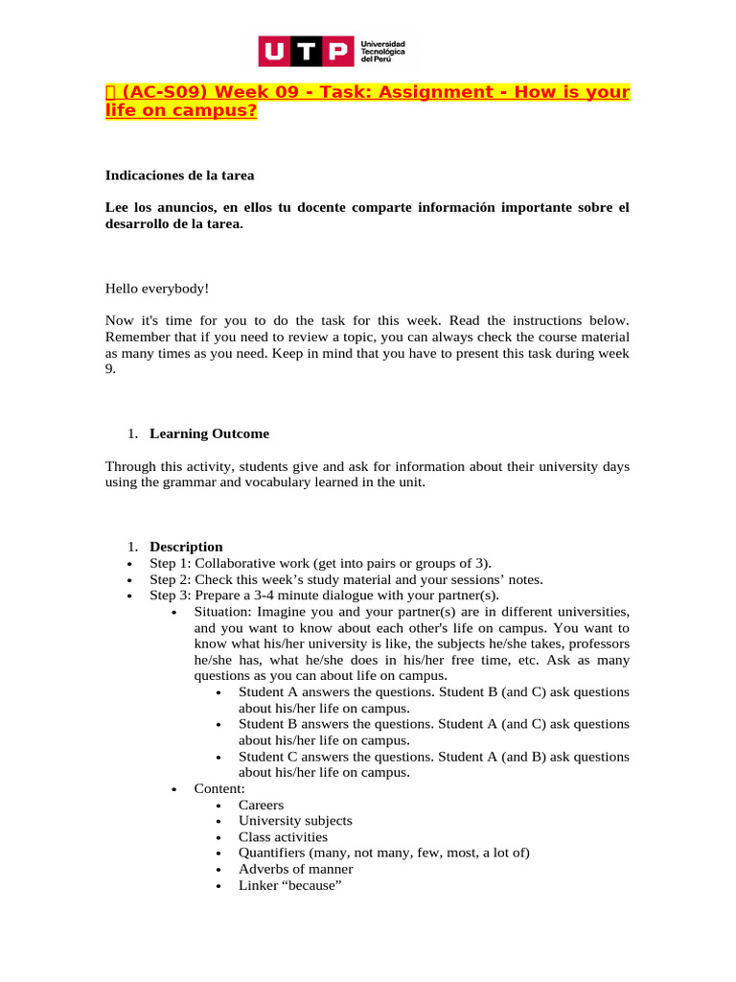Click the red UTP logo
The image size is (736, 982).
(304, 52)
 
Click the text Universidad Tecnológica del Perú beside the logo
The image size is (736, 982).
(381, 52)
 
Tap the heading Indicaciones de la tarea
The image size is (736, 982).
(179, 175)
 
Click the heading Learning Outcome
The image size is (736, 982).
(209, 433)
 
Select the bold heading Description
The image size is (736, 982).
(186, 547)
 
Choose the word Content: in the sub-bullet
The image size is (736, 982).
(219, 788)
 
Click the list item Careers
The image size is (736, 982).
(261, 805)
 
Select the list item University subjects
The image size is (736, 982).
(295, 821)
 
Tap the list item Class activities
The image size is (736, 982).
(283, 837)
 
